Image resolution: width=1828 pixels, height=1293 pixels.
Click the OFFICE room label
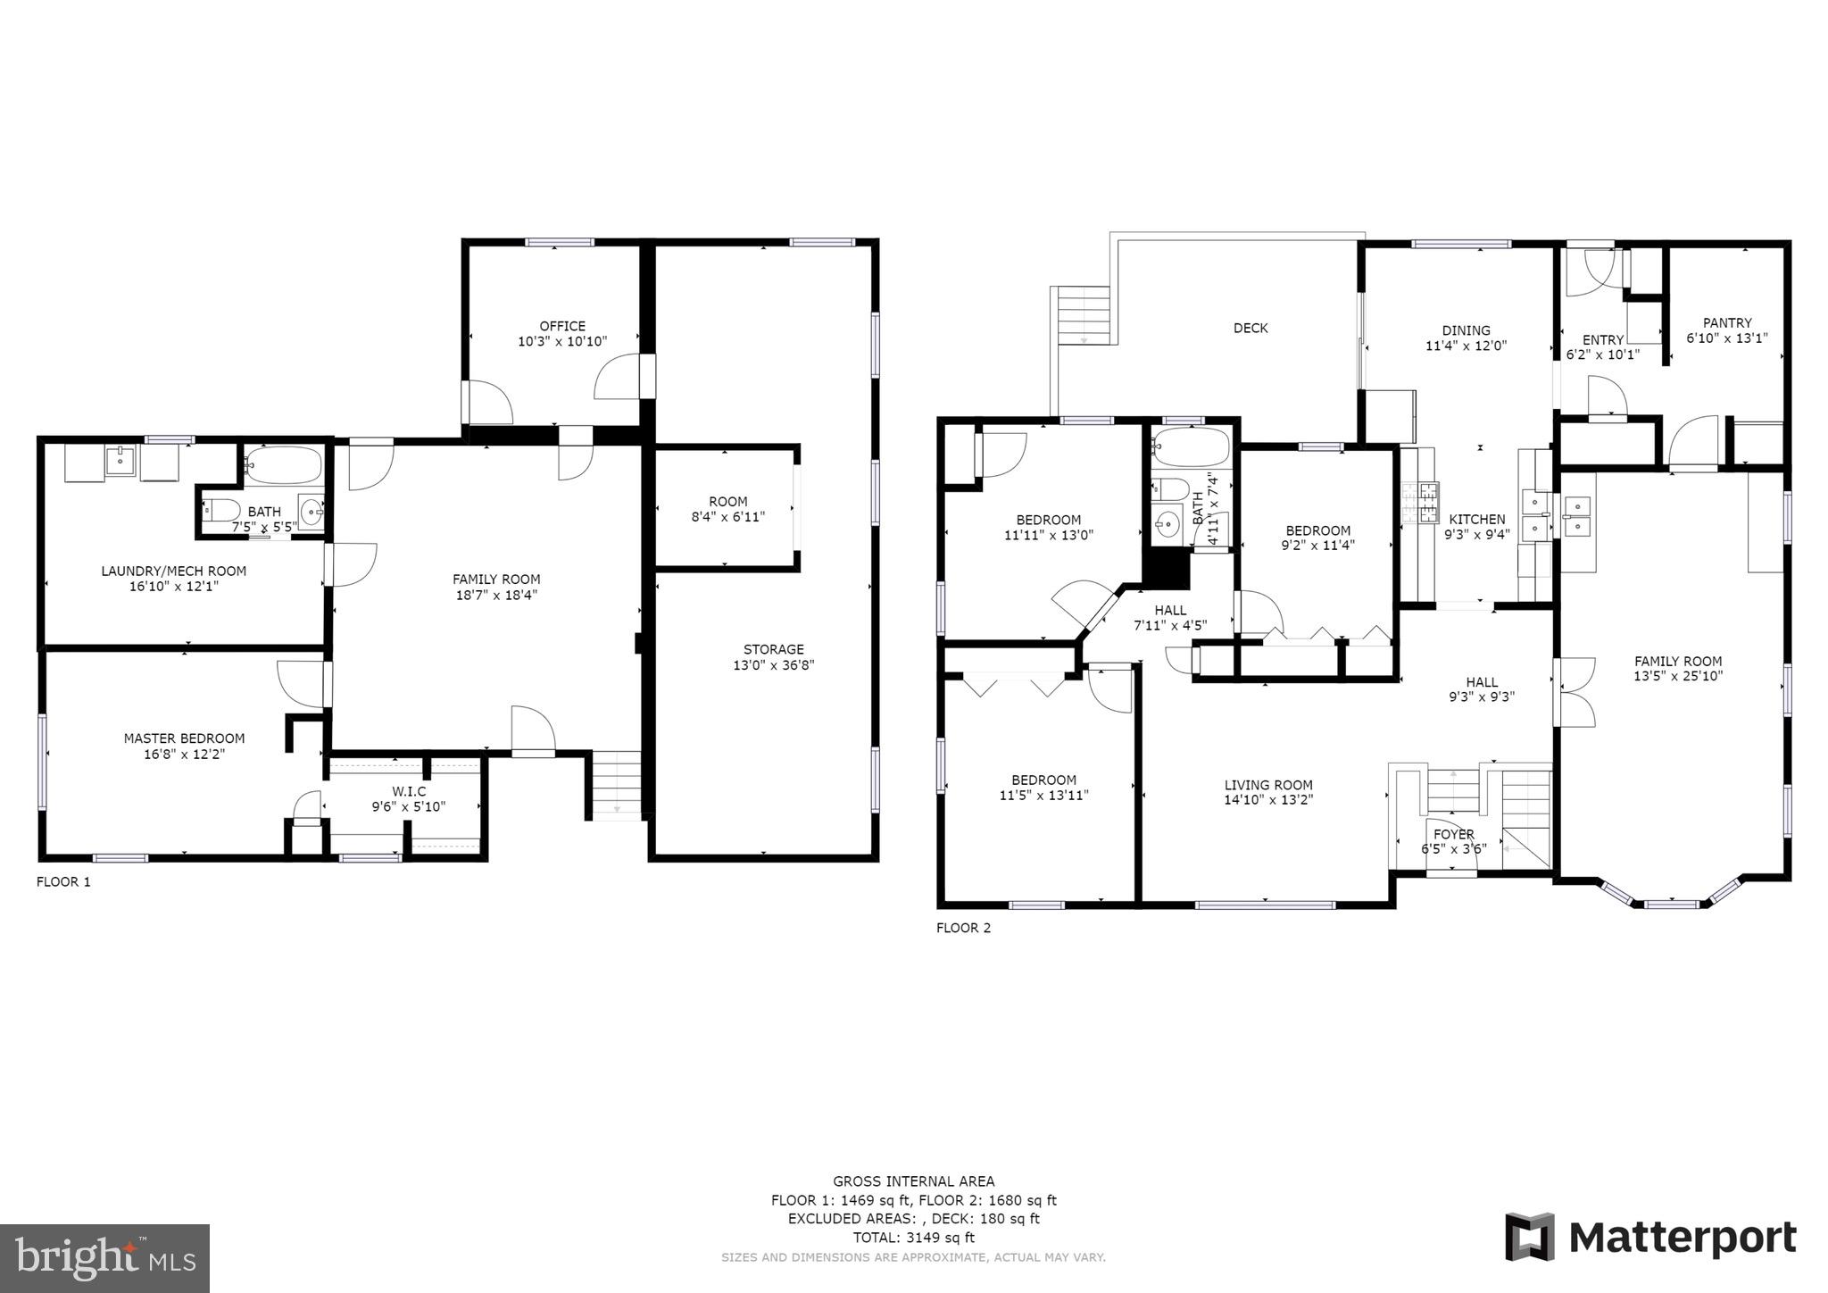point(562,327)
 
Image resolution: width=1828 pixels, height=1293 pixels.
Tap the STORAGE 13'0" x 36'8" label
point(773,657)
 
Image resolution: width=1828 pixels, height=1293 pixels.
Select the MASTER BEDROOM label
point(184,738)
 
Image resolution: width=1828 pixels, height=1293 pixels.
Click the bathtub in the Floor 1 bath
point(283,465)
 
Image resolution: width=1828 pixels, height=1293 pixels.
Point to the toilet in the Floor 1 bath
point(222,511)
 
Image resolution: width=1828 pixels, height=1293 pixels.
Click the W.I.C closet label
point(409,791)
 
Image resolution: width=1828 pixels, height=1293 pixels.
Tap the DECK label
point(1250,329)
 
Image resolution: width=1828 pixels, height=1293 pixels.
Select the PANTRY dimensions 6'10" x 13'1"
point(1726,338)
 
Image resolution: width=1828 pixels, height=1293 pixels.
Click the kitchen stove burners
point(1420,502)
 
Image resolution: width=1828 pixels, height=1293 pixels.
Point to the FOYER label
point(1453,835)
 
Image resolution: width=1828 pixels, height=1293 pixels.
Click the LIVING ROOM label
point(1267,786)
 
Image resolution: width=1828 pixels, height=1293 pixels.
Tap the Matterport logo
point(1650,1238)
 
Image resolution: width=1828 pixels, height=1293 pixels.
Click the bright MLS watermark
point(104,1258)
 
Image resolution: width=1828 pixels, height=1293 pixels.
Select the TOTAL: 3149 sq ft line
point(913,1238)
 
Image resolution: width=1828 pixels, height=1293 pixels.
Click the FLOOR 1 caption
point(63,882)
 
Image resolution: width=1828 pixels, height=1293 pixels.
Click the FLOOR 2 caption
point(963,928)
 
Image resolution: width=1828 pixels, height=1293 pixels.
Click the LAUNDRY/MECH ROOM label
point(173,571)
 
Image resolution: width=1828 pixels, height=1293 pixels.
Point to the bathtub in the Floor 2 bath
point(1191,446)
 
